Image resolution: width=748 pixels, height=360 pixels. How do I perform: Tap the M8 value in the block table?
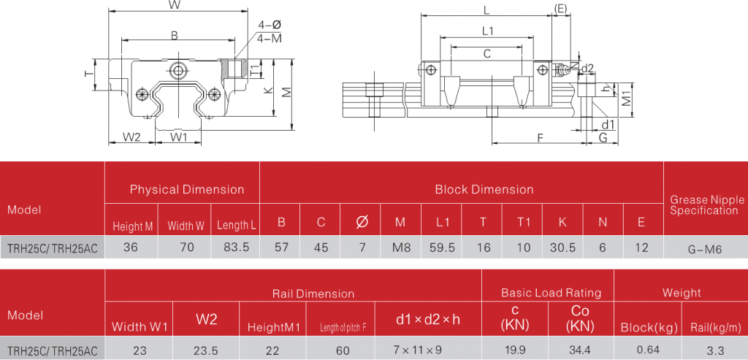(x=401, y=248)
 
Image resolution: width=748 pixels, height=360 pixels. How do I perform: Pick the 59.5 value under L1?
(x=443, y=248)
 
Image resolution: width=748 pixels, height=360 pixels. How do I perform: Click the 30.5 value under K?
(x=562, y=248)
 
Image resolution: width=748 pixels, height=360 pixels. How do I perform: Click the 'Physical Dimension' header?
(x=187, y=190)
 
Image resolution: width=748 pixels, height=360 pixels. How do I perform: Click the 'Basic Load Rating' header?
(x=551, y=293)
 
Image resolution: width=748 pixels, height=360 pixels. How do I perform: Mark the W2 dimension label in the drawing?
(x=131, y=137)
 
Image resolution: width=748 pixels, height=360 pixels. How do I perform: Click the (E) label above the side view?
(x=561, y=8)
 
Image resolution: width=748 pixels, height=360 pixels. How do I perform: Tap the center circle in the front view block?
(x=178, y=71)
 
